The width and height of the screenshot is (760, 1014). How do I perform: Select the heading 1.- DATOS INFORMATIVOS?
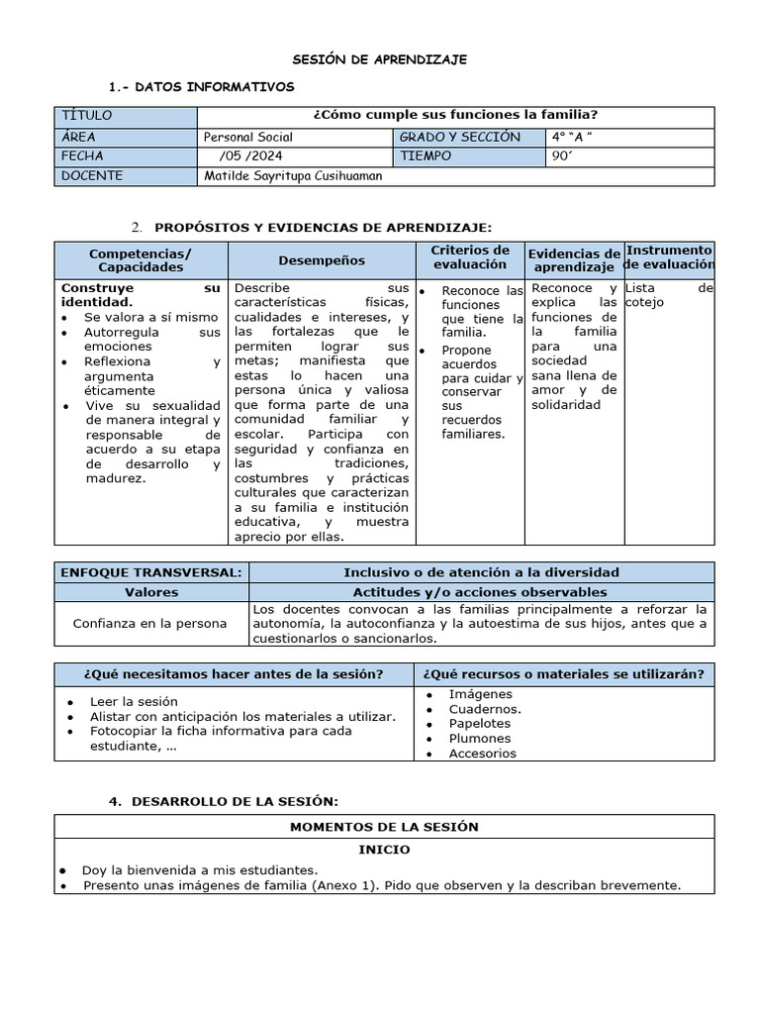pyautogui.click(x=215, y=87)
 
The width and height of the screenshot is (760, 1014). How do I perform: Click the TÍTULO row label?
pyautogui.click(x=87, y=116)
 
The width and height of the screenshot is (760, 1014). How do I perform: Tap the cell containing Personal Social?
pyautogui.click(x=247, y=138)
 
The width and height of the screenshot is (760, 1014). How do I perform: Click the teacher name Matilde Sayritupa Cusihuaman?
pyautogui.click(x=292, y=176)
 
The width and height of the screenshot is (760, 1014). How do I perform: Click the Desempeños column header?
pyautogui.click(x=321, y=260)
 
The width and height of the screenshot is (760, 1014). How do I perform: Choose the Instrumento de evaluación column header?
pyautogui.click(x=669, y=257)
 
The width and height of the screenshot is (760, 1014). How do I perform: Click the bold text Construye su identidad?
pyautogui.click(x=141, y=295)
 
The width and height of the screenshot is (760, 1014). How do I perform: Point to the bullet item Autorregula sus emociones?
pyautogui.click(x=150, y=340)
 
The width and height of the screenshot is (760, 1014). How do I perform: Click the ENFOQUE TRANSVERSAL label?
pyautogui.click(x=150, y=572)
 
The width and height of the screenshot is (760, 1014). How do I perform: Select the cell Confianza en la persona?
pyautogui.click(x=149, y=624)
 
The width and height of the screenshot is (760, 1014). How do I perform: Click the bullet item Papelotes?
pyautogui.click(x=479, y=724)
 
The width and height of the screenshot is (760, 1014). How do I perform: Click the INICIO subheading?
pyautogui.click(x=383, y=850)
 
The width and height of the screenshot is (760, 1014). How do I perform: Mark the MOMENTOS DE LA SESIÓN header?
pyautogui.click(x=383, y=827)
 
